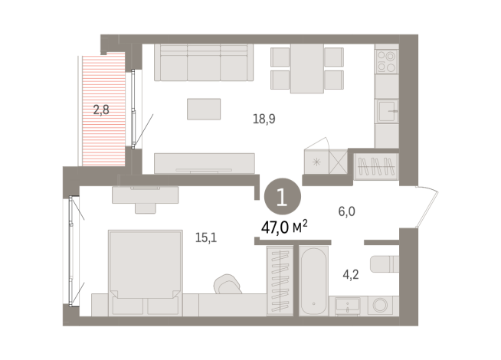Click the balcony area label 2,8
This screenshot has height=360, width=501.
click(101, 110)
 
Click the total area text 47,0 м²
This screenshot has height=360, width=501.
click(283, 226)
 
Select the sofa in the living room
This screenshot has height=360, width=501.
click(205, 63)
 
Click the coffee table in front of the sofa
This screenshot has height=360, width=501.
click(204, 109)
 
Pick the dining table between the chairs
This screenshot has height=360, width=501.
click(306, 67)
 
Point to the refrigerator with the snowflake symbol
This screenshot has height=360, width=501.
click(316, 161)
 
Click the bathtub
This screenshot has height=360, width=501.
click(313, 280)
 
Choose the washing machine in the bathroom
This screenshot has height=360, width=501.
click(380, 305)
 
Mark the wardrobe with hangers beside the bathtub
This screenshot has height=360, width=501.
click(277, 280)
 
